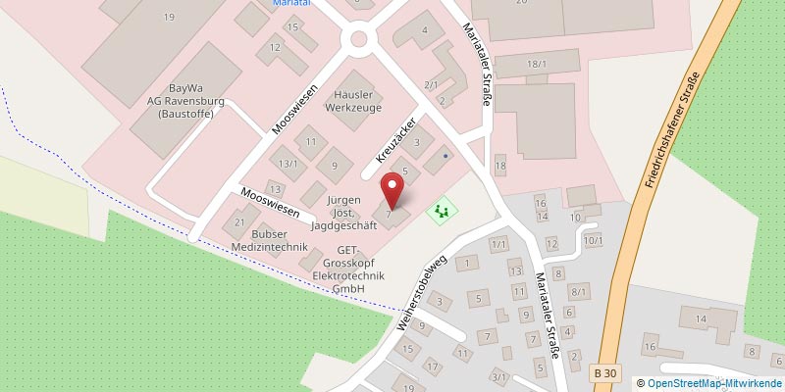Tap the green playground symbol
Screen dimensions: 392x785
pos(442,209)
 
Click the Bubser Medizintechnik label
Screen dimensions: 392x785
pos(258,240)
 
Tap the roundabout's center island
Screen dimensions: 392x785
pos(358,41)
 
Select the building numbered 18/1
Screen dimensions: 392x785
pos(536,64)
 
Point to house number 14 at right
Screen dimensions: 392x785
pos(701,318)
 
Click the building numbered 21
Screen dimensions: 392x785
pos(240,222)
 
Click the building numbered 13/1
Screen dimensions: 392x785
pos(288,164)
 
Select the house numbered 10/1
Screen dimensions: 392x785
pos(591,239)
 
